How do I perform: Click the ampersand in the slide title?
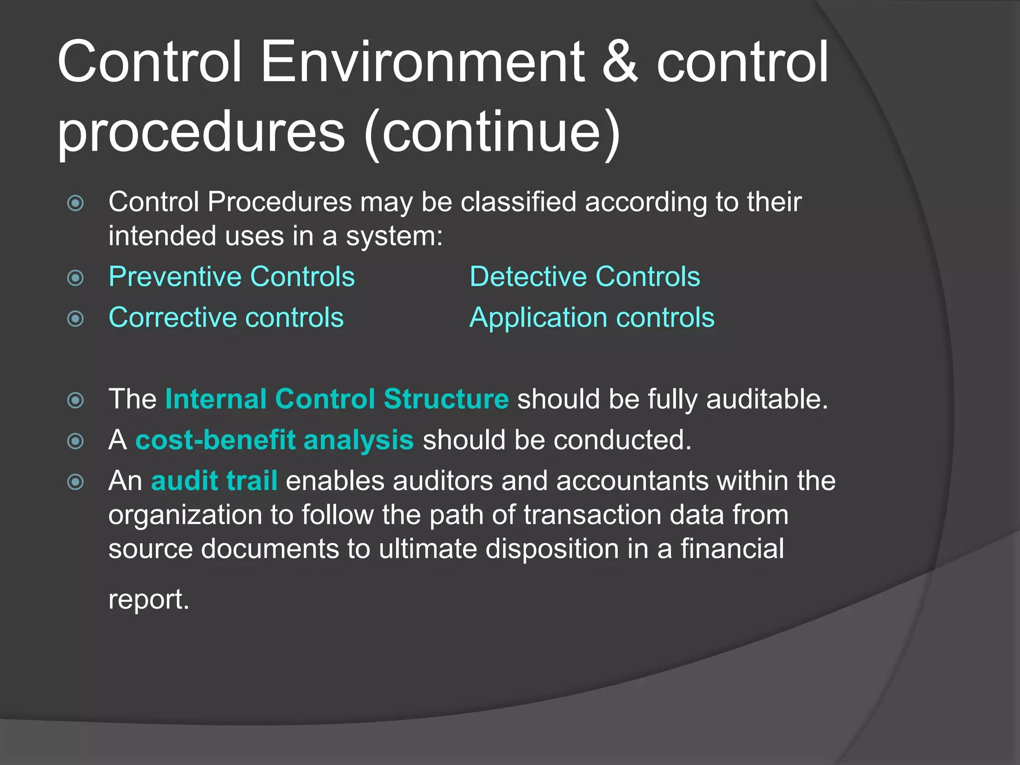(620, 62)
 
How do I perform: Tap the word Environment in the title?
(423, 62)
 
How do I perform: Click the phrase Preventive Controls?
(232, 277)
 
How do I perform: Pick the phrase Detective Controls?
(585, 277)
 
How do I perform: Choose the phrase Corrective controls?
(226, 318)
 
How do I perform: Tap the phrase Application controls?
(592, 318)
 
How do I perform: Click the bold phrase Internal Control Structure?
(337, 399)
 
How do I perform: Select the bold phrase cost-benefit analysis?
(274, 440)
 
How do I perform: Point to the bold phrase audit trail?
(214, 481)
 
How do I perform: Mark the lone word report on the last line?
(148, 599)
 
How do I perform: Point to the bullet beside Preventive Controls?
(76, 277)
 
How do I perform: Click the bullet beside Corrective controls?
(76, 318)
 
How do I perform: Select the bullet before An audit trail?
(76, 482)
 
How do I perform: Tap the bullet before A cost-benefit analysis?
(76, 441)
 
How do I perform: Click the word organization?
(185, 515)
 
